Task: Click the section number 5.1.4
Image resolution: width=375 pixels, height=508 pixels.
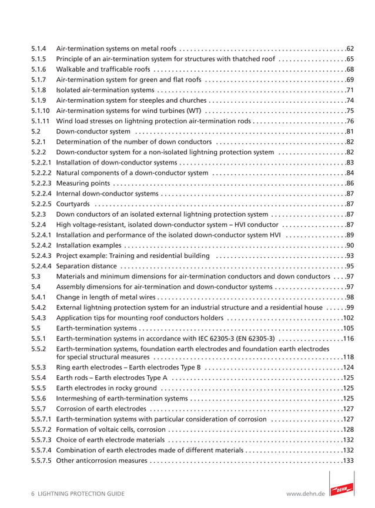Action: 39,48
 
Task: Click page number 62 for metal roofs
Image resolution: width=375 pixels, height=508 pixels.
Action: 350,48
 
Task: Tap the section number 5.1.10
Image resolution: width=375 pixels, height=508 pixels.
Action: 41,110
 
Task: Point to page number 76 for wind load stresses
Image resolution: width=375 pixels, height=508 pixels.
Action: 350,121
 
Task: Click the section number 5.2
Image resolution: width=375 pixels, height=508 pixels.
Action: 36,132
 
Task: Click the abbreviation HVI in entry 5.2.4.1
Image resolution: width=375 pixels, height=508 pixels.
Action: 282,235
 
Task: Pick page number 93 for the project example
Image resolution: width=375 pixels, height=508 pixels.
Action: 350,255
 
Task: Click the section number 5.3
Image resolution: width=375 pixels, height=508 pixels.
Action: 36,276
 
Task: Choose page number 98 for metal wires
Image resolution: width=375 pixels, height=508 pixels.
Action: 350,297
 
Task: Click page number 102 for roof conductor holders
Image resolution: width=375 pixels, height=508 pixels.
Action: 348,318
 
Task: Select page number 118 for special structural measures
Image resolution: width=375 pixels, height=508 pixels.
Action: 348,356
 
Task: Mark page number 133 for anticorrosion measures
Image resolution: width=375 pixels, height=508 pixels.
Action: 348,460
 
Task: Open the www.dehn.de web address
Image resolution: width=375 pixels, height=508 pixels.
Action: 304,494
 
